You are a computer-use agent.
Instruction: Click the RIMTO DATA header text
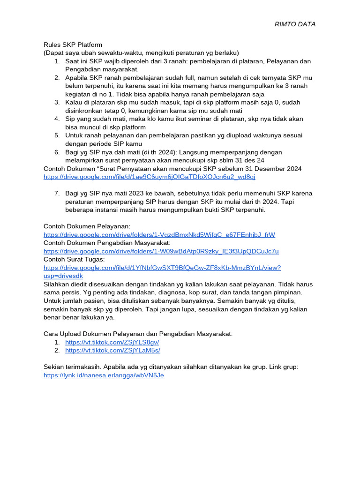point(295,24)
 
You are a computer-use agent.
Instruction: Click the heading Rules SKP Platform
point(73,45)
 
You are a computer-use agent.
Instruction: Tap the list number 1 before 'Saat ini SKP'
point(56,61)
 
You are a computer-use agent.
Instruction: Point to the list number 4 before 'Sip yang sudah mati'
point(56,119)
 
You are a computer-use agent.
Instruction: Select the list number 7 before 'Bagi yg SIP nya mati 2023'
point(56,193)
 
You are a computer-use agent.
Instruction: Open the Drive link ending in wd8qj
point(149,177)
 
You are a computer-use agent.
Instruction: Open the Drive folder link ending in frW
point(159,234)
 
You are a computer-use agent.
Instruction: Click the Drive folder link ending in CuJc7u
point(161,251)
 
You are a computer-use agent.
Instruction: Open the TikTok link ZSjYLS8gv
point(112,342)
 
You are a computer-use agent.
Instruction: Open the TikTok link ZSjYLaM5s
point(112,350)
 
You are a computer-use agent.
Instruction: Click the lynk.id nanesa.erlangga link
point(104,375)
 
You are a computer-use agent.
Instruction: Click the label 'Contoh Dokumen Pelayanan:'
point(87,226)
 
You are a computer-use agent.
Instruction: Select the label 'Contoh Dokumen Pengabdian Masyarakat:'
point(107,243)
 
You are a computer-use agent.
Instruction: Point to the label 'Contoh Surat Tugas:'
point(74,259)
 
